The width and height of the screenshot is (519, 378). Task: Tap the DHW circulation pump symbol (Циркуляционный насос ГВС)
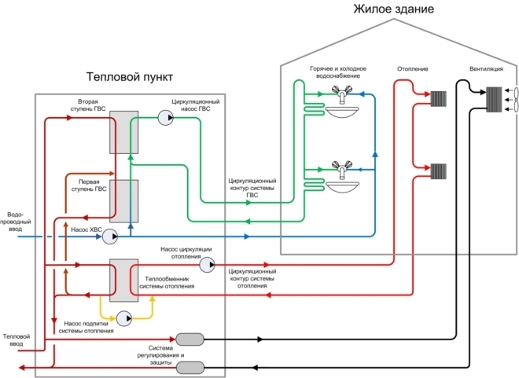pos(165,117)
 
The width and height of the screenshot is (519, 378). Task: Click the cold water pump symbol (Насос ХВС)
pos(109,235)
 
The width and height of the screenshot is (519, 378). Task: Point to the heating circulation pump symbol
pos(207,266)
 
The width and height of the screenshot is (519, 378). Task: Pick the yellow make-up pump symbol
pos(123,318)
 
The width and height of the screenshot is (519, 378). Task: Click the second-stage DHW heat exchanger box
pos(123,131)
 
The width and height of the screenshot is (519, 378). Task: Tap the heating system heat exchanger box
pos(123,281)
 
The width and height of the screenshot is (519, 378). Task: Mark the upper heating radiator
pos(438,98)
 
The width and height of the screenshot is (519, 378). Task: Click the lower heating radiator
pos(438,170)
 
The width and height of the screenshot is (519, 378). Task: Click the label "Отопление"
pos(413,68)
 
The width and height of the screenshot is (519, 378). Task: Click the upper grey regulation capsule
pos(190,339)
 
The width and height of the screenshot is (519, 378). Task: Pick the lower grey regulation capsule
pos(190,367)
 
